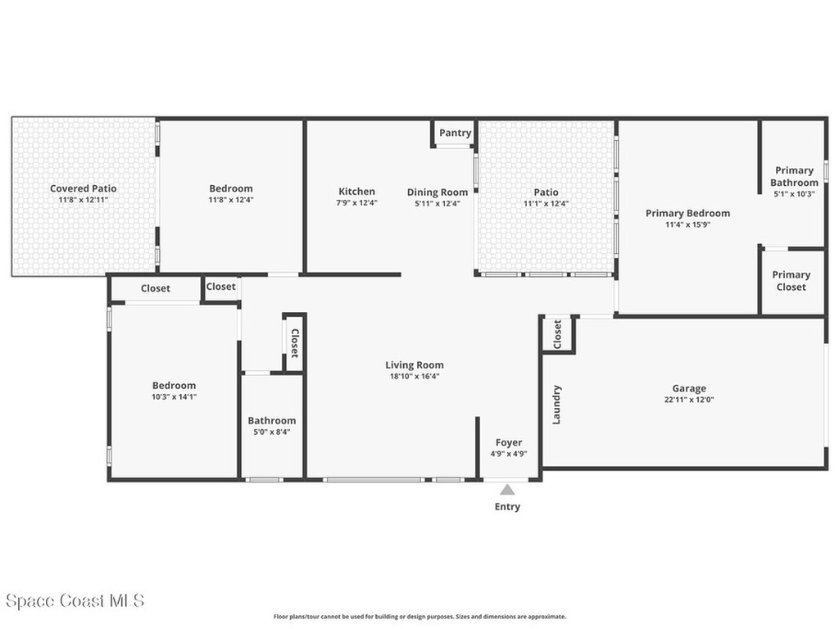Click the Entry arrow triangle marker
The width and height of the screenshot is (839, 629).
coord(507,490)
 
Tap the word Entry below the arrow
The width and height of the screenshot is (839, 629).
coord(507,507)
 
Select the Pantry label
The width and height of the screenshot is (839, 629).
coord(455,133)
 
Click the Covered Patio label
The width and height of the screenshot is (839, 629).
coord(83,188)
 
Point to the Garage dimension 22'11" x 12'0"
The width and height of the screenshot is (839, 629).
coord(689,400)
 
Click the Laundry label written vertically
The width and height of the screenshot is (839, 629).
coord(557,405)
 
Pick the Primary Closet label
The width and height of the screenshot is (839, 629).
coord(791,281)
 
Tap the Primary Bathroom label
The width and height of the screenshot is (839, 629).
coord(794,177)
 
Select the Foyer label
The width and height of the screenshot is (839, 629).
coord(508,442)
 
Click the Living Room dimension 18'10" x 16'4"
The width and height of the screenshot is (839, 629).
coord(415,377)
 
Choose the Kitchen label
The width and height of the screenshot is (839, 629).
coord(356,192)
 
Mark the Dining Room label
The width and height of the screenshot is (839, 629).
coord(438,192)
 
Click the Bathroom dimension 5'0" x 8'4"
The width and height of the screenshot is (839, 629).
coord(272,432)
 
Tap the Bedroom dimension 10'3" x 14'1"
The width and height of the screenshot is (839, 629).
coord(174,396)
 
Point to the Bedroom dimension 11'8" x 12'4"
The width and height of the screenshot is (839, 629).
coord(231,200)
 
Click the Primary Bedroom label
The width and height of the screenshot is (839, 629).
coord(687,213)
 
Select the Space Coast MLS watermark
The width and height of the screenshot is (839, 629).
coord(75,600)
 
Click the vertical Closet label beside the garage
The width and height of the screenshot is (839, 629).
coord(557,333)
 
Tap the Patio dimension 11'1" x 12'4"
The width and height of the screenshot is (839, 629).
coord(546,204)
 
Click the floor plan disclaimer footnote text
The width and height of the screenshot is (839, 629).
coord(419,617)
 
